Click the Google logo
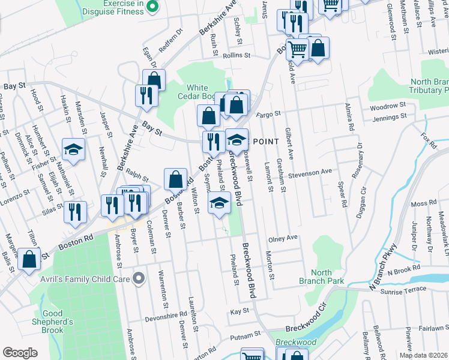tap(20, 353)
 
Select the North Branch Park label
tap(315, 277)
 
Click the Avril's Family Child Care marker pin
tap(139, 278)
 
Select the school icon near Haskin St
tap(74, 150)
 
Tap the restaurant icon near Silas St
tap(75, 211)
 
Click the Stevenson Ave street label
tap(309, 171)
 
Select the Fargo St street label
tap(269, 113)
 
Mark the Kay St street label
tap(240, 312)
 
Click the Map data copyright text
tap(423, 355)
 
